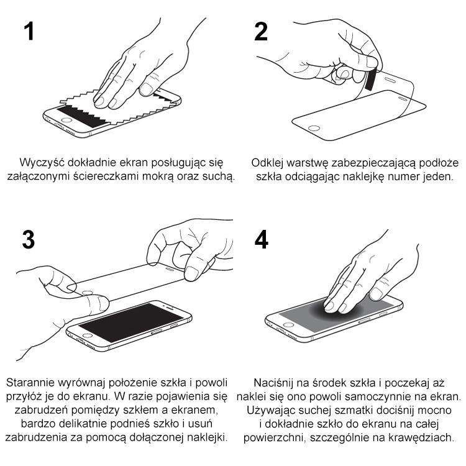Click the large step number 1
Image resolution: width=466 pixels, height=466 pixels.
coord(29,32)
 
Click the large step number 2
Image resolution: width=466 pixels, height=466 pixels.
coord(261,32)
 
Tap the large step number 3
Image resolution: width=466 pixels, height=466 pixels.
coord(29,240)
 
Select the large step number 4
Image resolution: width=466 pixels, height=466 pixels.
coord(261,240)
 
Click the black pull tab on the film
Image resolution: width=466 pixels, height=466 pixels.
coord(371,79)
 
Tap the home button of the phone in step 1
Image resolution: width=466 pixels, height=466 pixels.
coord(66,121)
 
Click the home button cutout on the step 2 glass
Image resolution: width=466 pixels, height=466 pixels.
coord(314,129)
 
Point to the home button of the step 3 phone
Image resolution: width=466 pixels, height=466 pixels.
coord(88,336)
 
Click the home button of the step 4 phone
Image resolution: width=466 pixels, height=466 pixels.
coord(288,324)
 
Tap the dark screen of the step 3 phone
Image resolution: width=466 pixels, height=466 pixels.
coord(131,322)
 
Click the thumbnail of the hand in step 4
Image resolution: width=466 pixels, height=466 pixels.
coord(376,295)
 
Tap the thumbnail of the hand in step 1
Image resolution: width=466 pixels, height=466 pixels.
coord(146,89)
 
